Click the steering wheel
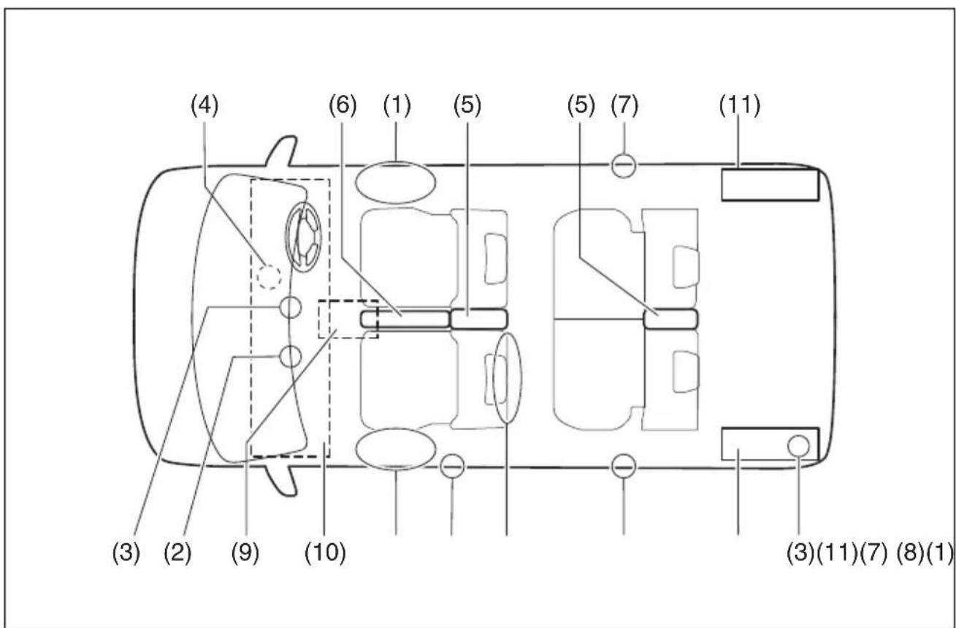(x=303, y=237)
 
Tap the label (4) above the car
(x=204, y=105)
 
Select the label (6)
(x=343, y=105)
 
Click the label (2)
(x=177, y=553)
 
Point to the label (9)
(x=245, y=553)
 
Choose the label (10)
(x=325, y=553)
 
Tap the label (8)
(x=910, y=553)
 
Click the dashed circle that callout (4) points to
(x=269, y=276)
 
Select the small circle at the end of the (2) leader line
(x=291, y=356)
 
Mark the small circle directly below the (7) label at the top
(x=624, y=165)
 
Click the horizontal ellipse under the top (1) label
(x=396, y=183)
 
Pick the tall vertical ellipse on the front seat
(x=507, y=378)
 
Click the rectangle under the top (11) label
(x=770, y=185)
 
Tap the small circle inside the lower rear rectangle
(x=798, y=446)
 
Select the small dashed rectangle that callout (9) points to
(x=348, y=319)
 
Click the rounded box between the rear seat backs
(x=670, y=319)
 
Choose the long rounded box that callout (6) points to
(x=405, y=319)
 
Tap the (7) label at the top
(x=624, y=105)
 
